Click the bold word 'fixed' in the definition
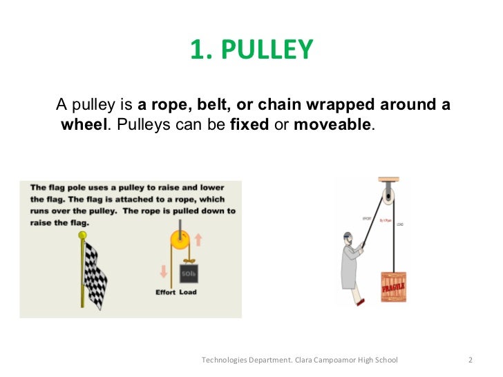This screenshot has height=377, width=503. [248, 125]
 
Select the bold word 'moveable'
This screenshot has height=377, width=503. [332, 125]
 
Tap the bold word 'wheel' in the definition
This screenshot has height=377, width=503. [82, 125]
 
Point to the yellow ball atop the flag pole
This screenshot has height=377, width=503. [83, 236]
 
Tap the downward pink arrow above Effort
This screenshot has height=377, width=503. [164, 271]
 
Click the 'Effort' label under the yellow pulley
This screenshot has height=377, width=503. [165, 292]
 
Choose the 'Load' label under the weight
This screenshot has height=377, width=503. [188, 292]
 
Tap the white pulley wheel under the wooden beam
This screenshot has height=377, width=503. [389, 197]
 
